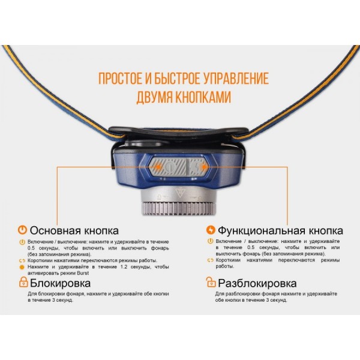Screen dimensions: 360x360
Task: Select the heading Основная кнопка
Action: (74, 231)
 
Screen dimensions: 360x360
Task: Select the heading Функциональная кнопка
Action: (280, 231)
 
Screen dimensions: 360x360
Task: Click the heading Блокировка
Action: (61, 283)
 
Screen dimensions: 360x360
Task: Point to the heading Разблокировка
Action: (257, 283)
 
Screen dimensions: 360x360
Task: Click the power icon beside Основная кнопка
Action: (23, 230)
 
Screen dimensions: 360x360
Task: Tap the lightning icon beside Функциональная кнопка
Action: (210, 230)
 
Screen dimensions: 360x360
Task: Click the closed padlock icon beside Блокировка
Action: (23, 282)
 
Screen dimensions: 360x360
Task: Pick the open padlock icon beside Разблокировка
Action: (210, 282)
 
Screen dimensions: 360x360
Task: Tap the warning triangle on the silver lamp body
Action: (179, 193)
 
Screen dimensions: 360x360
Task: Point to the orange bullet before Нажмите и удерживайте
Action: (22, 267)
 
